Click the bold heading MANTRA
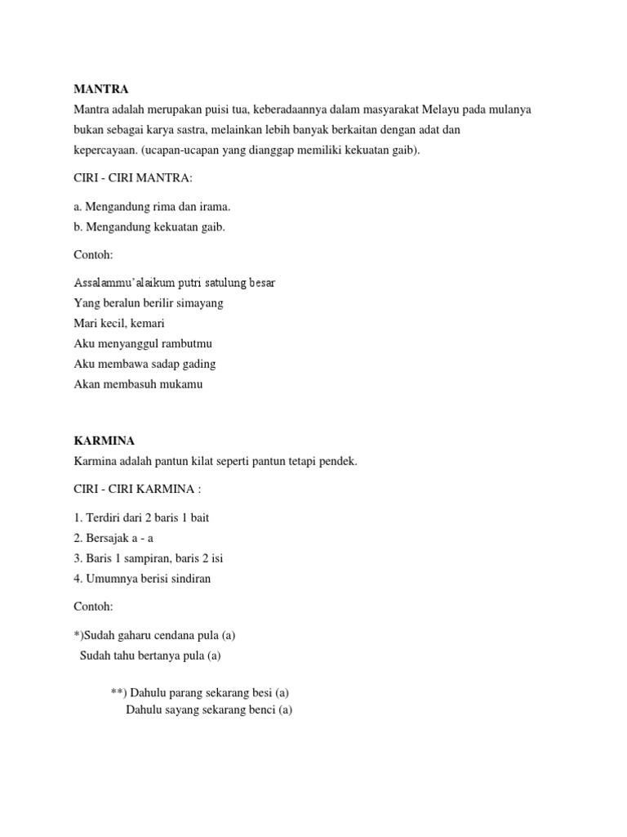pyautogui.click(x=101, y=89)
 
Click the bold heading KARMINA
pyautogui.click(x=104, y=441)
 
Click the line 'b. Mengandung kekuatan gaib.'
pyautogui.click(x=149, y=227)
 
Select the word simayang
pyautogui.click(x=202, y=303)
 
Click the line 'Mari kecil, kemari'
pyautogui.click(x=119, y=323)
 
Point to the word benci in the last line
pyautogui.click(x=261, y=710)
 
